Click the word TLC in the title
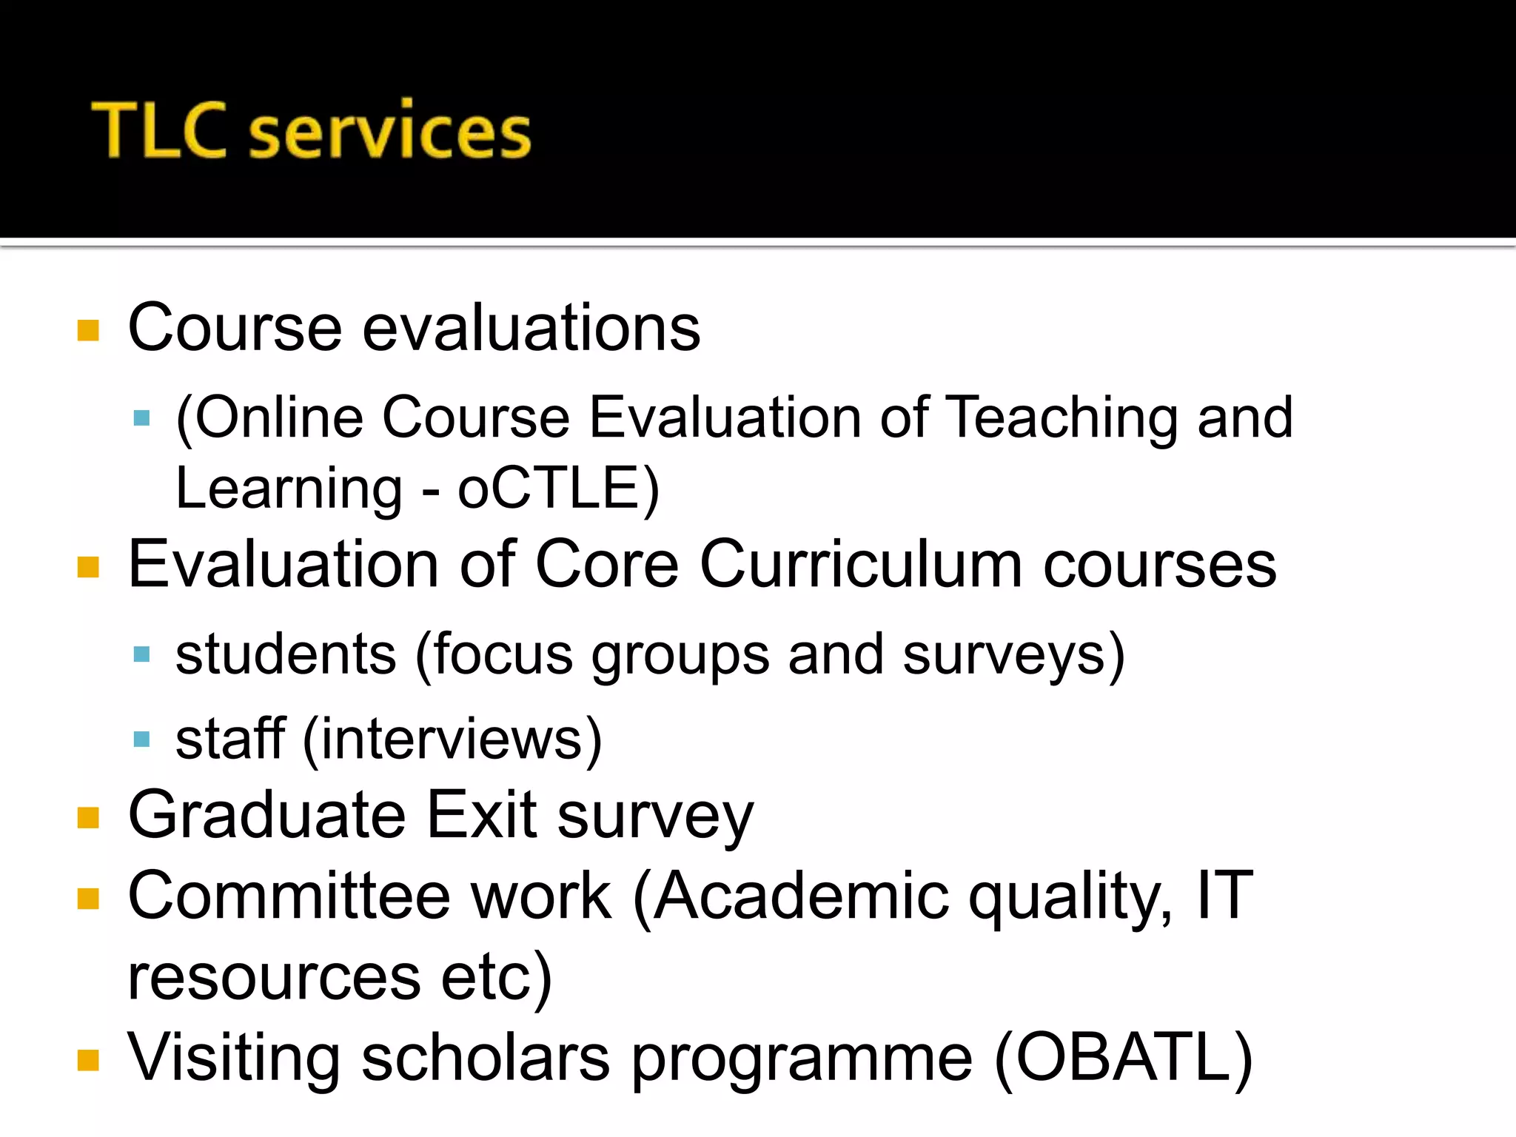pos(158,130)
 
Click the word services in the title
pos(390,133)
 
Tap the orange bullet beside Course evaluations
pos(88,330)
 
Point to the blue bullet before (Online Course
pos(141,419)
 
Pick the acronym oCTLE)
pos(557,489)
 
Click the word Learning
pos(289,489)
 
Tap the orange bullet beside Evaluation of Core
pos(88,567)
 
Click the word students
pos(286,654)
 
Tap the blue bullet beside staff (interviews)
pos(141,739)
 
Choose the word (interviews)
pos(452,739)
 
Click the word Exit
pos(482,815)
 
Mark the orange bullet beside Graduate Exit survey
pos(88,817)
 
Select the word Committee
pos(289,896)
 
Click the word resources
pos(274,978)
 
